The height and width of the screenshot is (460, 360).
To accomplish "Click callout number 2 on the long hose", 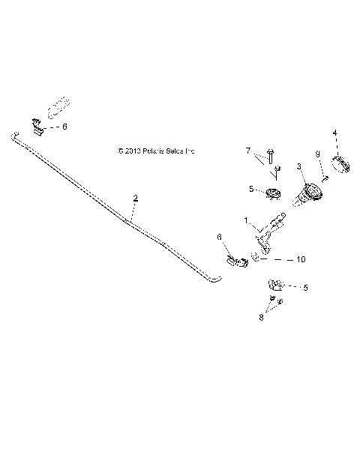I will [x=136, y=199].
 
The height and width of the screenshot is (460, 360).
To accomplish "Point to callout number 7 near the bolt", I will [x=248, y=151].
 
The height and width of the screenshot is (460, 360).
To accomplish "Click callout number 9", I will [x=317, y=154].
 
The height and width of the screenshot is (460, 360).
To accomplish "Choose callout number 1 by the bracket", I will [x=245, y=220].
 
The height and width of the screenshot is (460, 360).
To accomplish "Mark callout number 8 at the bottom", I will [x=261, y=317].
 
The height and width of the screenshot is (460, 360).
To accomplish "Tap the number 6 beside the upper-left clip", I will [x=64, y=127].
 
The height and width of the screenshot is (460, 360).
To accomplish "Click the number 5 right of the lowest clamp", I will [x=305, y=287].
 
